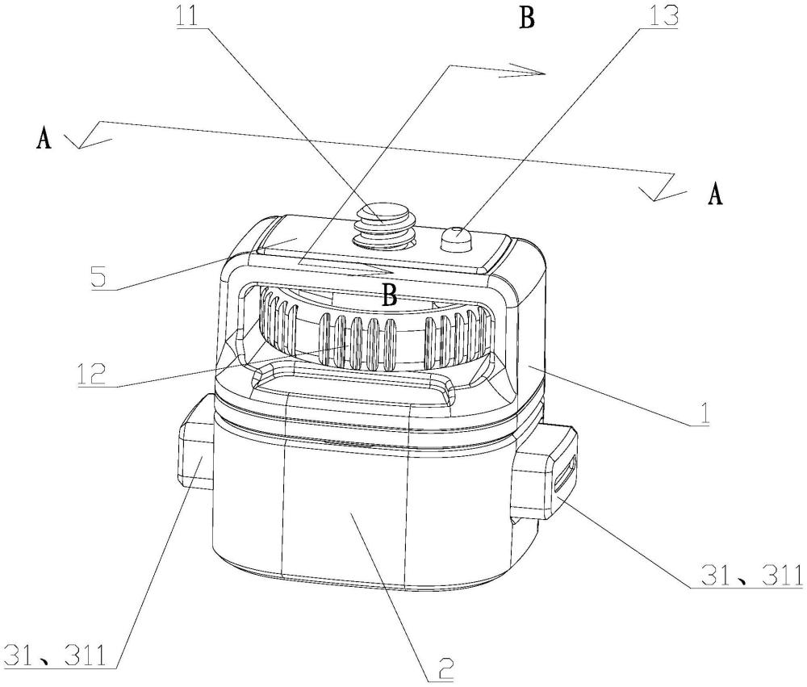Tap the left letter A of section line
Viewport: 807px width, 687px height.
[44, 139]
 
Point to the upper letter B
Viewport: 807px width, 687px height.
[526, 18]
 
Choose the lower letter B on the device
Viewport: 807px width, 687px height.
[390, 295]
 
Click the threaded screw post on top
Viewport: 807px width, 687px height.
[384, 224]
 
